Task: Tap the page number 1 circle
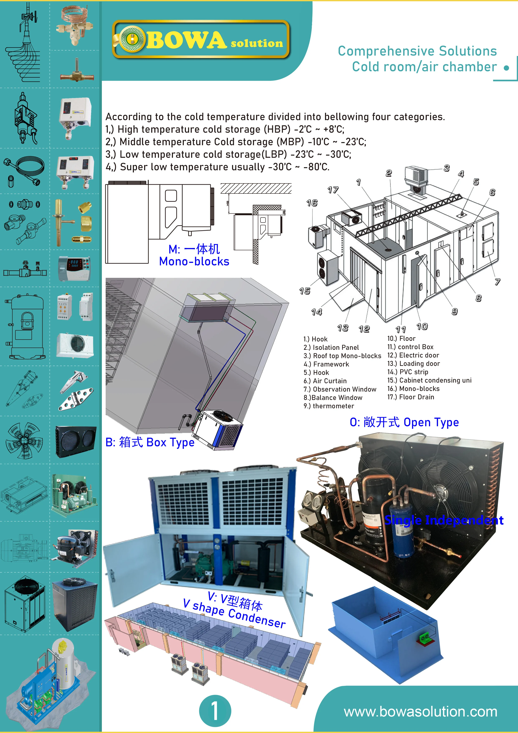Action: click(x=215, y=711)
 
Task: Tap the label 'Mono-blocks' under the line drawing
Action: click(x=194, y=261)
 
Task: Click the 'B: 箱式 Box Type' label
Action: click(x=150, y=442)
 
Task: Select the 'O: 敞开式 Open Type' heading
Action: click(x=404, y=422)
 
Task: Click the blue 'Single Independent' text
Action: click(x=444, y=520)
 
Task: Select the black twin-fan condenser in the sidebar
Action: click(x=75, y=441)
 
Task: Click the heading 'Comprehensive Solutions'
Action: click(x=417, y=51)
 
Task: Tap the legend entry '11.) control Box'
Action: click(x=410, y=347)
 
